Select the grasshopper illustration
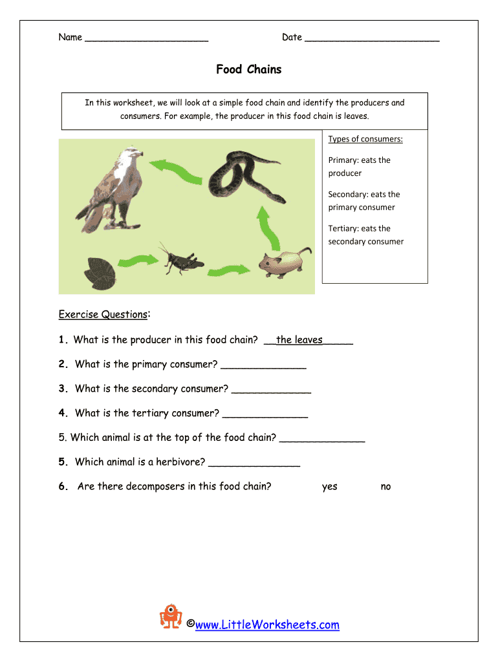(181, 258)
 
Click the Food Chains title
(249, 69)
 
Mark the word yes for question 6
(330, 486)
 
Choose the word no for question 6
(385, 486)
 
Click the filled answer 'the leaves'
(299, 340)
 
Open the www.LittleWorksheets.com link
(267, 625)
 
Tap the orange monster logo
(171, 616)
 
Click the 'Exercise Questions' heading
(103, 315)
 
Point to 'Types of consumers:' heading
(365, 139)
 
